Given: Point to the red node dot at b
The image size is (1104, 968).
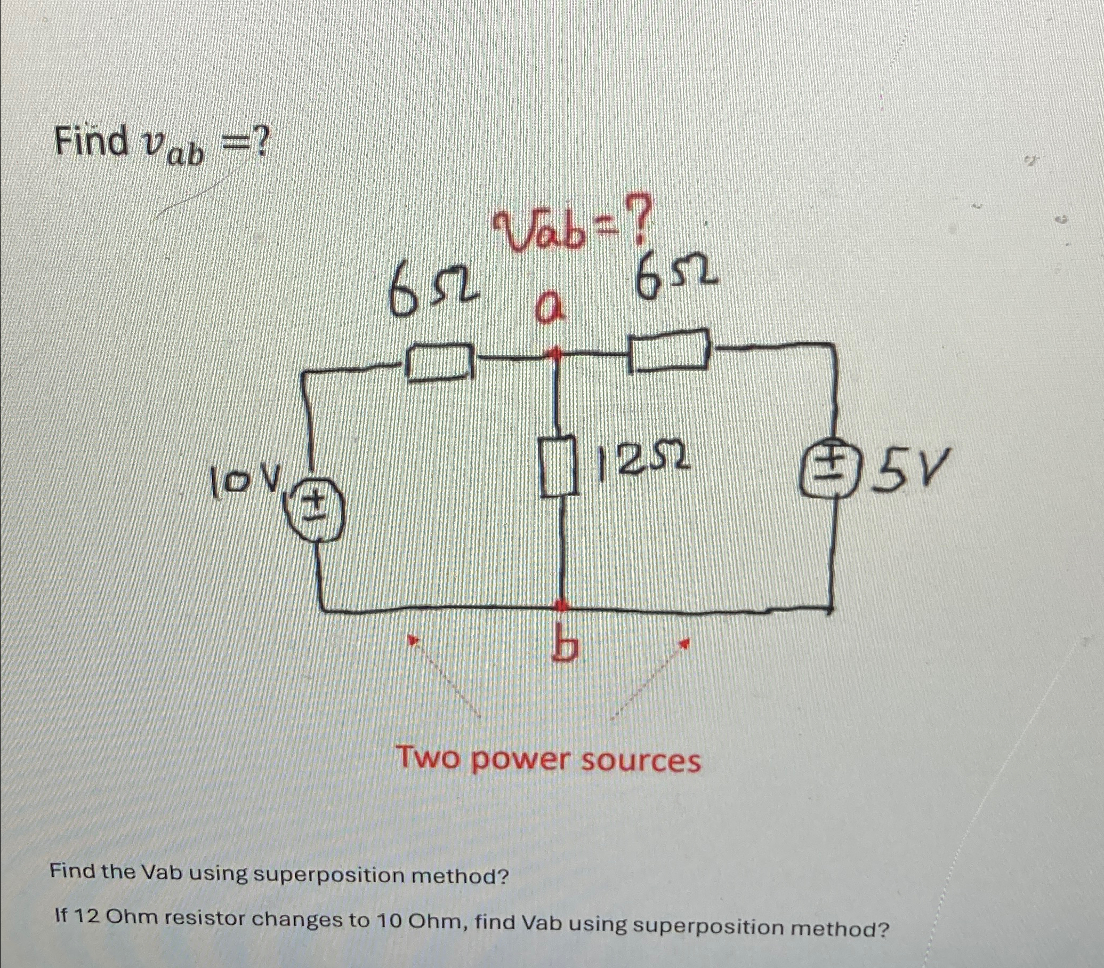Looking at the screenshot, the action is point(562,605).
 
